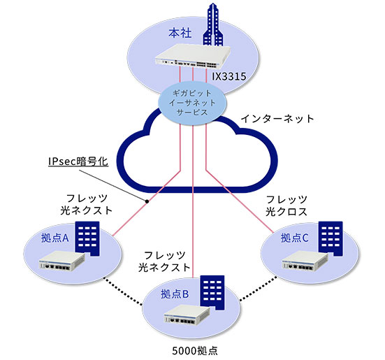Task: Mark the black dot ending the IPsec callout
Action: (147, 201)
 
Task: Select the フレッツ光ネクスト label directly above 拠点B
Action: (166, 261)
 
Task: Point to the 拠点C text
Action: (295, 238)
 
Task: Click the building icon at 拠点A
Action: (88, 236)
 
